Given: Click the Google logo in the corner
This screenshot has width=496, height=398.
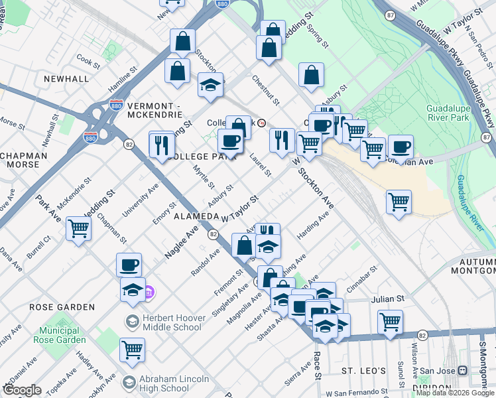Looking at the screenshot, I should [22, 390].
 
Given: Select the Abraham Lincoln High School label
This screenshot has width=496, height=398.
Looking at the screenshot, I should [174, 384].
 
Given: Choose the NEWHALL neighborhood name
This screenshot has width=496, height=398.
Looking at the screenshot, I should [66, 79].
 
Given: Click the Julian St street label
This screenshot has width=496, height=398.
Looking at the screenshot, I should [387, 299].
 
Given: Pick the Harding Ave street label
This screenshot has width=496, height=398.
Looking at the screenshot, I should [313, 226].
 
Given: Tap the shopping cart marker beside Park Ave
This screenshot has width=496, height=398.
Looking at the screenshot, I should [78, 228].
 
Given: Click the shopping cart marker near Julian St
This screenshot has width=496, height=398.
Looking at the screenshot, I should [390, 322].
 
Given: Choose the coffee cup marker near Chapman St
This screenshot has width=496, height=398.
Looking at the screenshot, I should [129, 265].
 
